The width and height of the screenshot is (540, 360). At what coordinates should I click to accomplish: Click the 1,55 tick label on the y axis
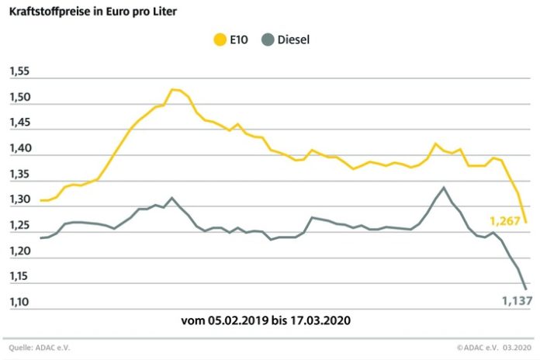click(x=19, y=71)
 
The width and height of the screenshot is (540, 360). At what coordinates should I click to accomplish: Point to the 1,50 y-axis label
click(x=19, y=97)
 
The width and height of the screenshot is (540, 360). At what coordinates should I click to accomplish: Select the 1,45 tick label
click(x=19, y=123)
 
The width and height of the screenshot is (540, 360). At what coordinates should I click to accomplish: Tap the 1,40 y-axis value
click(x=19, y=148)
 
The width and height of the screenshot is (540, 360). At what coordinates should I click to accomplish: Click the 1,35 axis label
click(x=19, y=174)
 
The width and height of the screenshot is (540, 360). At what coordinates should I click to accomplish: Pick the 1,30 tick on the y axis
click(x=19, y=199)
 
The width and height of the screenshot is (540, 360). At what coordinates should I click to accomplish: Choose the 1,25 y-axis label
click(x=19, y=225)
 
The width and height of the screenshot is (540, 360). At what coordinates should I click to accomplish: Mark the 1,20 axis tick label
click(x=19, y=251)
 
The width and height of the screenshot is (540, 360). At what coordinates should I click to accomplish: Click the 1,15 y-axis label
click(x=19, y=276)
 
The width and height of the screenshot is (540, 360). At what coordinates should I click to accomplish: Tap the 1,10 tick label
click(x=19, y=302)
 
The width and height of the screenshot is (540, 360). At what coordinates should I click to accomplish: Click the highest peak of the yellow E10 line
click(x=173, y=89)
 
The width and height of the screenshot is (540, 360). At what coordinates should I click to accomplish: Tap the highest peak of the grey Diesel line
click(x=444, y=187)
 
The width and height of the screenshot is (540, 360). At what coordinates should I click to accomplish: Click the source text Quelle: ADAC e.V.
click(x=35, y=348)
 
